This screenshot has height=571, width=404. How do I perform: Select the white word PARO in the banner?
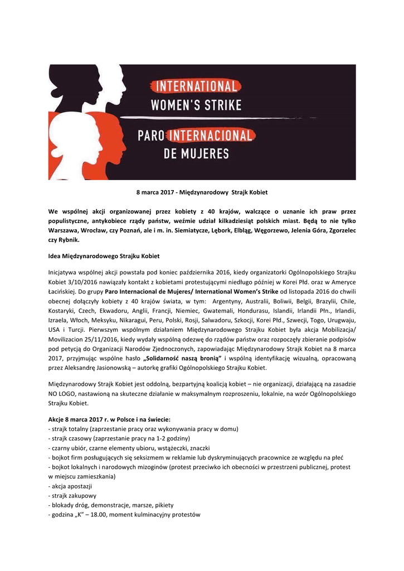click(x=152, y=135)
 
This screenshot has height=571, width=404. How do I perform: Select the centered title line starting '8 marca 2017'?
click(x=202, y=192)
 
